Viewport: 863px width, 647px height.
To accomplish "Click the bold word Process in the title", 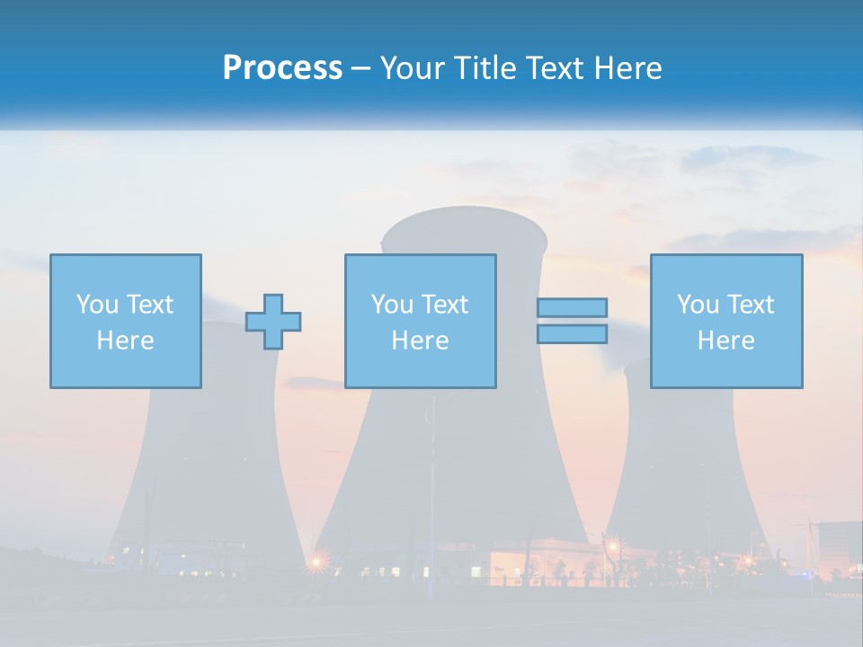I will pos(282,68).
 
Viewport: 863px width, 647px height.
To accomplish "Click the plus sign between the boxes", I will pos(273,322).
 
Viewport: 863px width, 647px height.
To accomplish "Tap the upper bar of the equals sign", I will pos(572,308).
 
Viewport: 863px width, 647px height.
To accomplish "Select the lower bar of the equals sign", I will pos(572,333).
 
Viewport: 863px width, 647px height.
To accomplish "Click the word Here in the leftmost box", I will pos(125,341).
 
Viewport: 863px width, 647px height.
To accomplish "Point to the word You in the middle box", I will pos(392,305).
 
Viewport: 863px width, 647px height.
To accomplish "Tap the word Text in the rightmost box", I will pos(751,305).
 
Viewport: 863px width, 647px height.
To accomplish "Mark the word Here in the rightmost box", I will pos(725,341).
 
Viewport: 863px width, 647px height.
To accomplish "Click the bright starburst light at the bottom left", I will pos(316,563).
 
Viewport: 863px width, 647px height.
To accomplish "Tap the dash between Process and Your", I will pos(361,68).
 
